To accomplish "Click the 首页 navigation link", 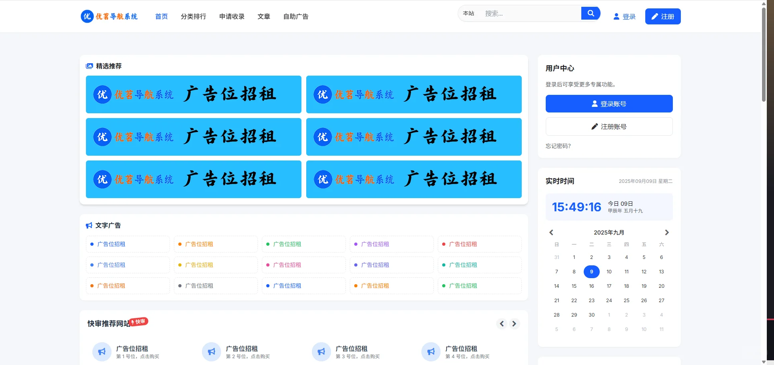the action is click(161, 16).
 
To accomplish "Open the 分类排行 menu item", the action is click(193, 16).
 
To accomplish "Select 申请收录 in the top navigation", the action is click(232, 16).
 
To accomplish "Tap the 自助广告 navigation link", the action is click(296, 16).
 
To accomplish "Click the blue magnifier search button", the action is click(590, 13).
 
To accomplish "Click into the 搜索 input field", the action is click(530, 14).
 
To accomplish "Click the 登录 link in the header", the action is click(624, 16).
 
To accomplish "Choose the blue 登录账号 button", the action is click(609, 104).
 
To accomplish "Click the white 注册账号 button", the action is click(609, 126).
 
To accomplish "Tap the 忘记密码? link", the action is click(558, 146).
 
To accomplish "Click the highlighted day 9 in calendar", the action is click(591, 272).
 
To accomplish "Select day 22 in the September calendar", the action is click(574, 301).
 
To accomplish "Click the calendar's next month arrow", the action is click(666, 233).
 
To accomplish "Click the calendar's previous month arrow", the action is click(551, 233).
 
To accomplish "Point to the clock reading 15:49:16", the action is click(577, 207).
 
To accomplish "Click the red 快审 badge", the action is click(139, 322).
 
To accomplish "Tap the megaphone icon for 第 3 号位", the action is click(321, 352).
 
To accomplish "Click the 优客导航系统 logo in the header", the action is click(109, 16).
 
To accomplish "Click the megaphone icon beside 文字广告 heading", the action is click(89, 226).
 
